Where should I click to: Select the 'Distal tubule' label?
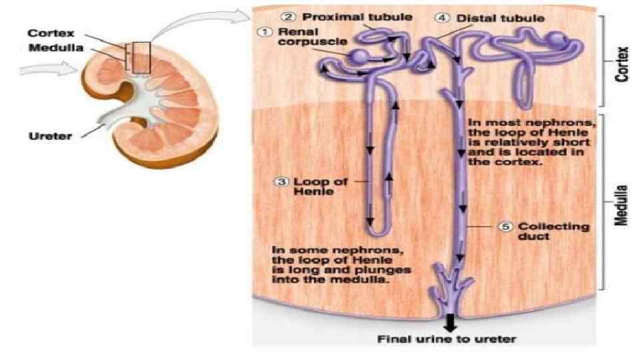pyautogui.click(x=491, y=18)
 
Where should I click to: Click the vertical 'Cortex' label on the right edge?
pyautogui.click(x=623, y=64)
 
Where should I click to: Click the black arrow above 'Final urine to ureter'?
pyautogui.click(x=450, y=323)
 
